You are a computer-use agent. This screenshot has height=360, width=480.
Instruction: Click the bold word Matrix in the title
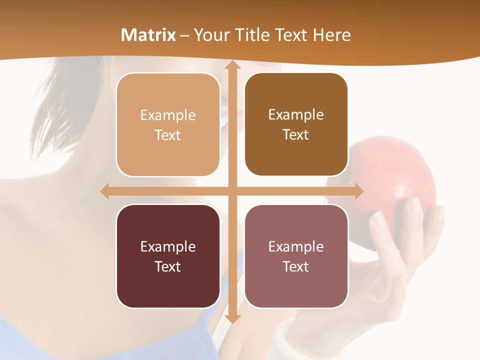pos(148,35)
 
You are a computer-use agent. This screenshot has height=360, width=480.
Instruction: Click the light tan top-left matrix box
pos(168,125)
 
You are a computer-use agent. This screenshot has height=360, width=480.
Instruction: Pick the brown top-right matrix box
pos(296,124)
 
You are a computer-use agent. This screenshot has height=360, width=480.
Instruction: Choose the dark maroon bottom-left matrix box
pos(168,256)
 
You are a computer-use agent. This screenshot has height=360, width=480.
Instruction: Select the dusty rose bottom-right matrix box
pos(296,256)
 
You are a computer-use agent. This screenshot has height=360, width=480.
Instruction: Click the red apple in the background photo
pos(395,185)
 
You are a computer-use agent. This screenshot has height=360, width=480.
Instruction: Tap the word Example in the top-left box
pos(168,115)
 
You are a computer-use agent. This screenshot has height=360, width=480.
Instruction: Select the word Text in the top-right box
pos(296,135)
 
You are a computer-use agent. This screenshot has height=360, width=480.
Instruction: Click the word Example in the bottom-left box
pos(168,246)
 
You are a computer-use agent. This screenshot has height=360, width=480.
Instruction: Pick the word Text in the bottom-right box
pos(296,266)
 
